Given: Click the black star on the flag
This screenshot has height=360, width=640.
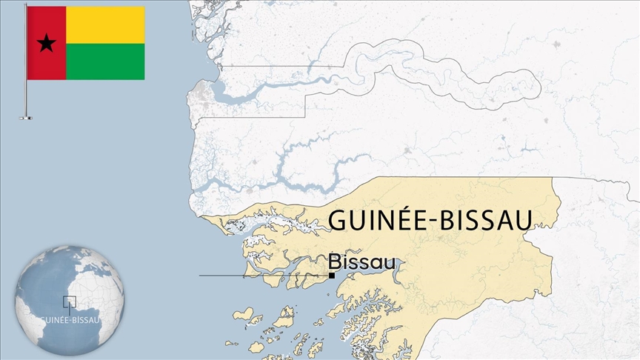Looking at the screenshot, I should click(x=47, y=44).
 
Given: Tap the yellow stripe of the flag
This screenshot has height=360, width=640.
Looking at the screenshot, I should click(x=105, y=24).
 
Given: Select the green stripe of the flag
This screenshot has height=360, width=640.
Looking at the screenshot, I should click(x=105, y=61).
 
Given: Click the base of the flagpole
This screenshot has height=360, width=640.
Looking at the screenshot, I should click(x=26, y=117).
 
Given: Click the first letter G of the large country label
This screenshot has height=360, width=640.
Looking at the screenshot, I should click(x=338, y=221).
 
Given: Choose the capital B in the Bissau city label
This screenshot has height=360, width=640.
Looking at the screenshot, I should click(x=335, y=262).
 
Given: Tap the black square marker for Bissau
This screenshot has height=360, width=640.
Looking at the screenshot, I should click(x=332, y=276).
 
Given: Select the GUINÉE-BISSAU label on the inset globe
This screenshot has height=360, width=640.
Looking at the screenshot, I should click(x=71, y=320).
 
